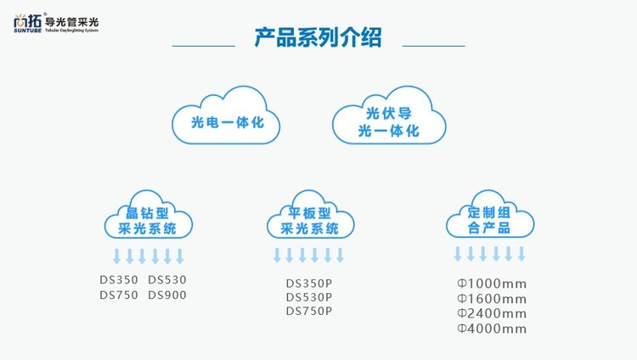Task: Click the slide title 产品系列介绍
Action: pos(318,39)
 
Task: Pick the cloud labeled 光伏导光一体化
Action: pos(389,122)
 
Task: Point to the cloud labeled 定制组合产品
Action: pos(489,220)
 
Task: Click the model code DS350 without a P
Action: pos(119,279)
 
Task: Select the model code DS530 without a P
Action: pos(167,279)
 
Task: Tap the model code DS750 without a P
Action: pos(119,295)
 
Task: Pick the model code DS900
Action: pos(167,295)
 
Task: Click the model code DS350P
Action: pos(309,283)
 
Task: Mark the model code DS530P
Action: pos(309,297)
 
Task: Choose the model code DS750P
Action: pos(309,312)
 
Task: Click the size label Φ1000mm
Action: pos(492,283)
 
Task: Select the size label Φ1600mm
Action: pos(492,298)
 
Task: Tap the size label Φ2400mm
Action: pos(492,313)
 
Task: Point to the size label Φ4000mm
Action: pos(492,329)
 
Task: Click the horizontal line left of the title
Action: pos(204,45)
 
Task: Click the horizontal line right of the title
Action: pos(433,45)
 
